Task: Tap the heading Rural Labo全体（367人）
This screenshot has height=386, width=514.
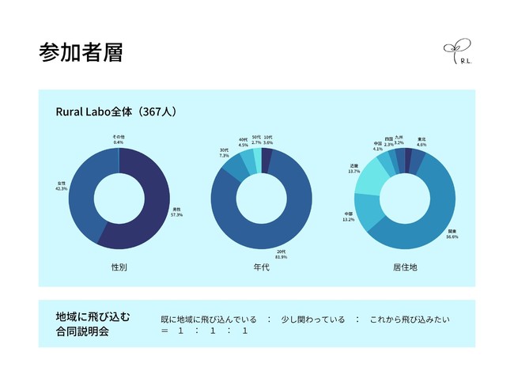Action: coord(115,112)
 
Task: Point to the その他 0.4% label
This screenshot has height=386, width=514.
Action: coord(118,140)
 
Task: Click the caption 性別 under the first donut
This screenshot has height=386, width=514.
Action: coord(119,267)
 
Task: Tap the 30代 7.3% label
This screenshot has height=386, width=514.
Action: coord(225,153)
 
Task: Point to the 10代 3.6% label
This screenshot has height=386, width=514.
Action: coord(268,139)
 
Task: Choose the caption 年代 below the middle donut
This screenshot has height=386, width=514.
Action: coord(262,267)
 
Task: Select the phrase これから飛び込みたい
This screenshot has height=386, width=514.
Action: coord(410,320)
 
